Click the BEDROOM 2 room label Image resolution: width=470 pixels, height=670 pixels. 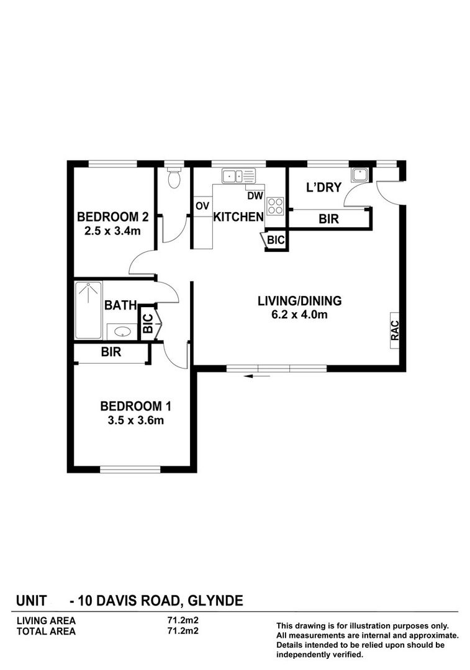(112, 217)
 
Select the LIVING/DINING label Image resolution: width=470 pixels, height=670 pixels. (300, 301)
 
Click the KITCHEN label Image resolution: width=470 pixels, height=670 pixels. (238, 217)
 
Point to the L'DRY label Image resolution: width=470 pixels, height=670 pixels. (323, 187)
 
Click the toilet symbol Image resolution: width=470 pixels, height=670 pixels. (174, 179)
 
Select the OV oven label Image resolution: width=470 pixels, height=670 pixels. (202, 206)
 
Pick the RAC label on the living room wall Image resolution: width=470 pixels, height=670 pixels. (395, 329)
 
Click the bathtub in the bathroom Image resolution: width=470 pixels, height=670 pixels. (89, 310)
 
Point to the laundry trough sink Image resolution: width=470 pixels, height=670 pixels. (359, 174)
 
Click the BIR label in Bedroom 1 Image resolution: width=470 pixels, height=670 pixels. (112, 352)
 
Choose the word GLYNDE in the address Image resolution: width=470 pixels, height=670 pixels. (214, 601)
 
